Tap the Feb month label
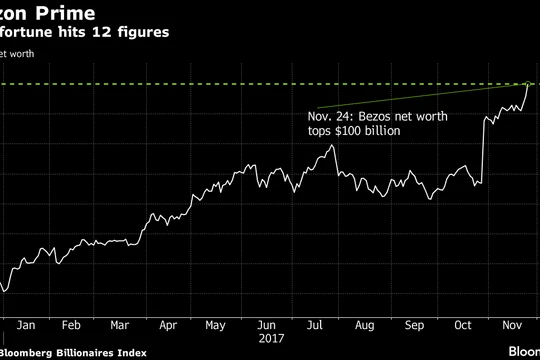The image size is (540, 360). coord(71,325)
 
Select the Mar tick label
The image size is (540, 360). coord(119,325)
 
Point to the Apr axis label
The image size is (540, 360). coord(168,325)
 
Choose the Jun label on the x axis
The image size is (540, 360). coord(267,325)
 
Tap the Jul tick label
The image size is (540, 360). coord(314,325)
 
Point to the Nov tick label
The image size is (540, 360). coord(510,325)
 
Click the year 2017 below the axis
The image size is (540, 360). coord(267,339)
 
